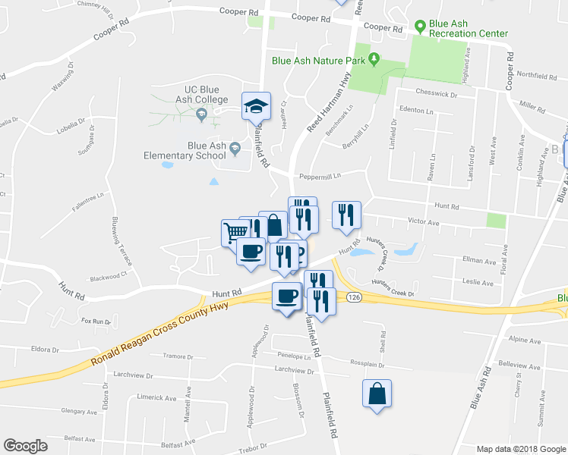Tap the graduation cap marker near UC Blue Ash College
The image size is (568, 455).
256,106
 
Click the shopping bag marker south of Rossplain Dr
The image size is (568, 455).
377,394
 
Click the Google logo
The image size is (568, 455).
25,446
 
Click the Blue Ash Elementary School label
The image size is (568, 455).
208,153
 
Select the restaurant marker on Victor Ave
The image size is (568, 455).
346,215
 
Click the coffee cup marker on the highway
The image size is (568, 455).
286,296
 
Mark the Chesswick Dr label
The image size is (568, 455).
436,95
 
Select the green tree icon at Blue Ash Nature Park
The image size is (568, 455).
374,58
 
